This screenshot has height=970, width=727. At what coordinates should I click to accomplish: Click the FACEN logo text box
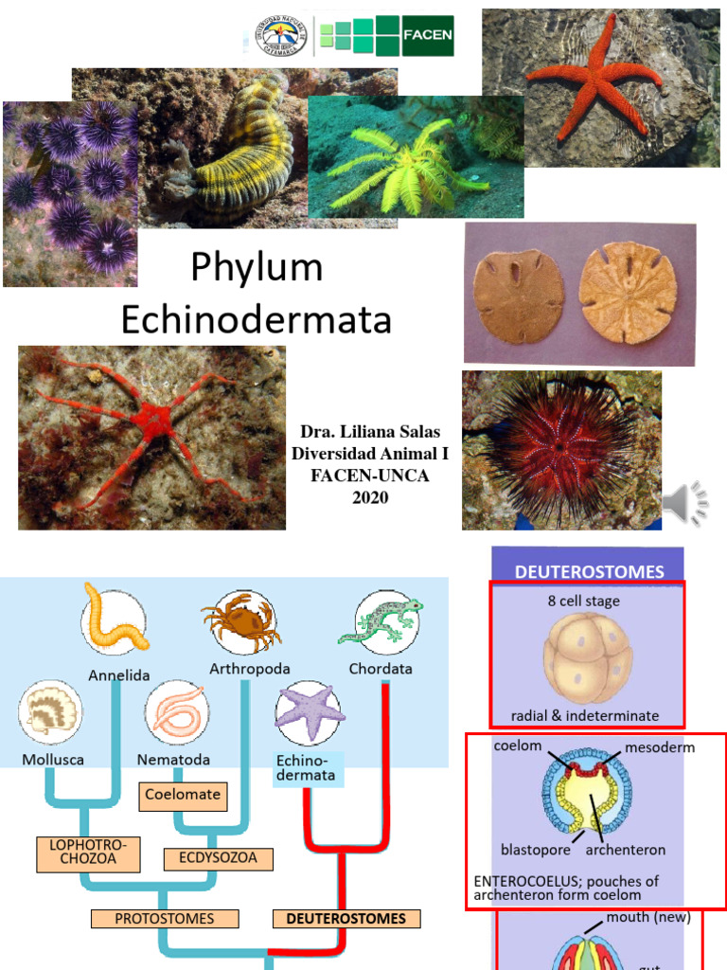coord(428,36)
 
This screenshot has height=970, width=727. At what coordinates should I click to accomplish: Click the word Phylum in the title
coord(257,268)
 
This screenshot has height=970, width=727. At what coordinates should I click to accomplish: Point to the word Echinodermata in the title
coord(257,320)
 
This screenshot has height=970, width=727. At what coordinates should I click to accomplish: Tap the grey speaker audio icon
coord(683,503)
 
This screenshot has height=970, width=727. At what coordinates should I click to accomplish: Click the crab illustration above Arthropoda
coord(241,623)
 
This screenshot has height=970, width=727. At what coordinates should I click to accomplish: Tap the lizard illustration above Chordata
coord(387,621)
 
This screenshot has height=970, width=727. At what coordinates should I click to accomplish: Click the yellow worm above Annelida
coord(115,618)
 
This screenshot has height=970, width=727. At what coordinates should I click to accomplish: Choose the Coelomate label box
coord(184,795)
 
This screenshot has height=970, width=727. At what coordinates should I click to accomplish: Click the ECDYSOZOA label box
coord(218,859)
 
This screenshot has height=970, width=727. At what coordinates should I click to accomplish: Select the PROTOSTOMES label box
coord(164,919)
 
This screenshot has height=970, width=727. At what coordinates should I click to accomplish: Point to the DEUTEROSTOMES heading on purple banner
coord(589,571)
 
